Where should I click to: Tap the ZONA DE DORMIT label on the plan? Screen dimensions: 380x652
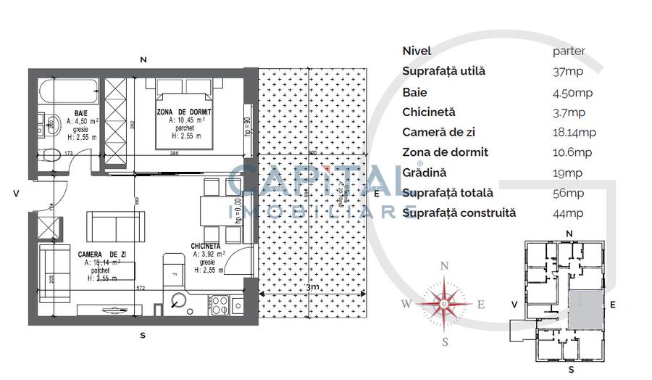[183, 111]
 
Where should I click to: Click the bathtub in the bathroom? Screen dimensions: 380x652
[68, 92]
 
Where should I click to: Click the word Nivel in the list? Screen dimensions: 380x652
[417, 51]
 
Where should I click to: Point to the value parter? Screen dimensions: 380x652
[569, 51]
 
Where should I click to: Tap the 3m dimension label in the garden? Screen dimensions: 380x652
[312, 288]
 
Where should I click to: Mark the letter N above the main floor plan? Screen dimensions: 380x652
[143, 59]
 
